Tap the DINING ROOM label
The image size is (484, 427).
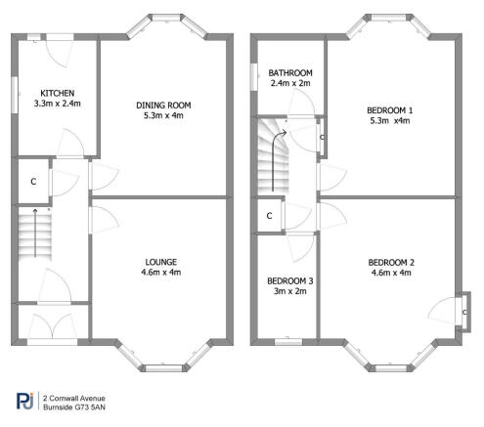(163, 105)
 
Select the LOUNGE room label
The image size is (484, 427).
(161, 261)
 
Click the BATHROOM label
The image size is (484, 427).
(291, 72)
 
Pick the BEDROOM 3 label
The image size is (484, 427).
(287, 280)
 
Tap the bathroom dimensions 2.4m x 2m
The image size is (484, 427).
(290, 83)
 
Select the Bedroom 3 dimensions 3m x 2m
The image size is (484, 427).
(287, 290)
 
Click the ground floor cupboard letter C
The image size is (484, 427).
(33, 181)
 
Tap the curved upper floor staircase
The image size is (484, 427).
(273, 155)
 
